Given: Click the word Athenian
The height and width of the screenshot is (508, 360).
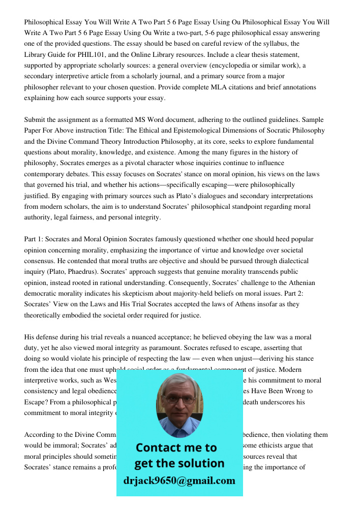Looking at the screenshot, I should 301,282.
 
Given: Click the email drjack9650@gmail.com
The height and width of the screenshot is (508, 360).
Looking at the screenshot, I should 179,481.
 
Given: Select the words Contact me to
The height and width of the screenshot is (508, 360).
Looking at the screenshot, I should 176,448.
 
